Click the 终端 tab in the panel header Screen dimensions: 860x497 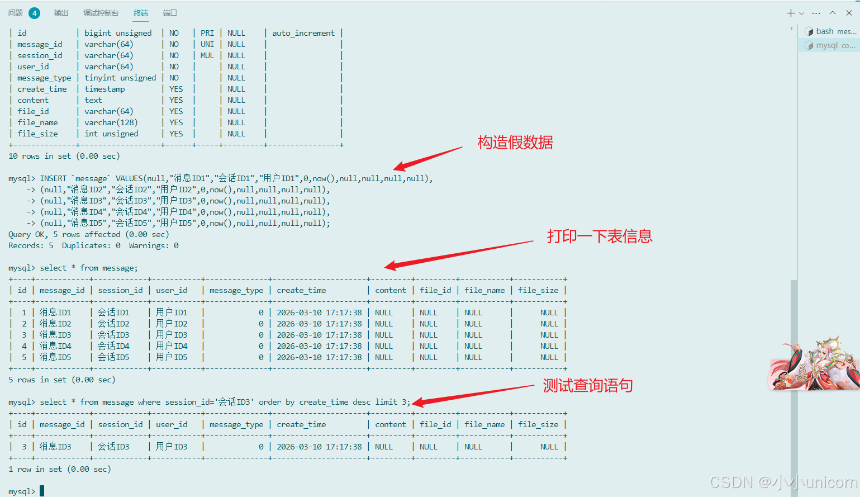tap(141, 13)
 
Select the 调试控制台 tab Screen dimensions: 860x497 tap(101, 13)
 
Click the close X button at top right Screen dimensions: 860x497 tap(849, 13)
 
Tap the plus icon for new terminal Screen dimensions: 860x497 tap(791, 13)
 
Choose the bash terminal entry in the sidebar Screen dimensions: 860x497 tap(830, 31)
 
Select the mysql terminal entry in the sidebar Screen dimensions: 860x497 tap(830, 45)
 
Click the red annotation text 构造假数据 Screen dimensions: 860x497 tap(515, 143)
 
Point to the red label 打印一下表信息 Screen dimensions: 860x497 tap(599, 236)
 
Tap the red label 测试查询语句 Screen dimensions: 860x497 tap(587, 386)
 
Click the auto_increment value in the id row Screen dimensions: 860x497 tap(303, 33)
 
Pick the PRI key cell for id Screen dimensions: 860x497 tap(207, 33)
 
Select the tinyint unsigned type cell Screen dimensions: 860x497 tap(120, 78)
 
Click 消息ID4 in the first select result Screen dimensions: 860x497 tap(55, 346)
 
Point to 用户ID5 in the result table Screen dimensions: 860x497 tap(172, 357)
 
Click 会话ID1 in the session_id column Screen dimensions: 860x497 tap(113, 313)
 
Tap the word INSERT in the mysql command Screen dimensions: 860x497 tap(53, 178)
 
